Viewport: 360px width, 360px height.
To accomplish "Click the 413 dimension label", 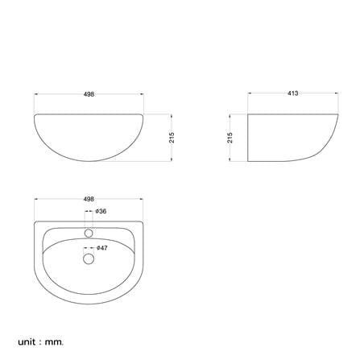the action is pyautogui.click(x=292, y=93).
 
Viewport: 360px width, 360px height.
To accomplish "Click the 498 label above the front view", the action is pyautogui.click(x=89, y=94).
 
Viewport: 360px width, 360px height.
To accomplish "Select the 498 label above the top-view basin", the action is pyautogui.click(x=89, y=199).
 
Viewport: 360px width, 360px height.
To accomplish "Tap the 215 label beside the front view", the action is pyautogui.click(x=172, y=138).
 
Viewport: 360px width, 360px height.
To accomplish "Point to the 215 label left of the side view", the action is pyautogui.click(x=230, y=138).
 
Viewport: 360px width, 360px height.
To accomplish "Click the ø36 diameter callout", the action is pyautogui.click(x=101, y=211).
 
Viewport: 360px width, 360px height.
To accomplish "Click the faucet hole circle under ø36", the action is pyautogui.click(x=89, y=233).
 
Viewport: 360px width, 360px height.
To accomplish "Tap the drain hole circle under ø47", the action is pyautogui.click(x=89, y=259).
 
